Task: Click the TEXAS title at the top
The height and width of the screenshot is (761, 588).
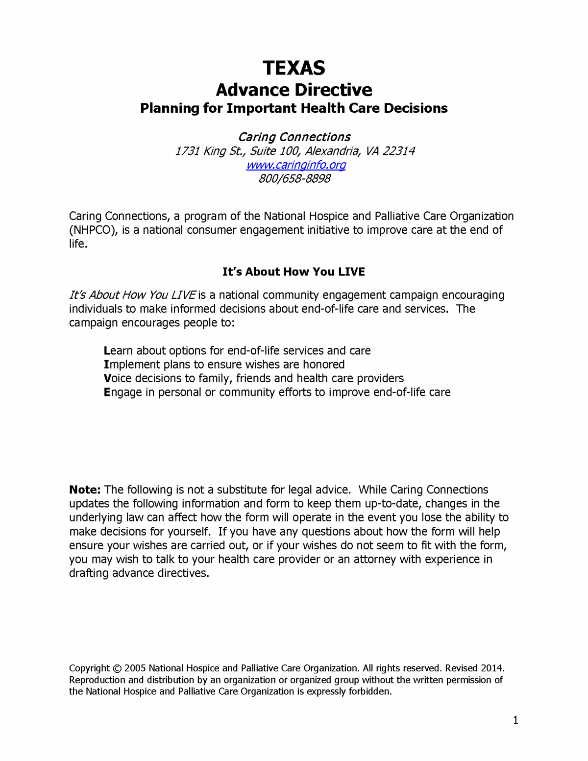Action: [x=294, y=68]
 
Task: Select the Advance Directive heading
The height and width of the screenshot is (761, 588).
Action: [x=294, y=90]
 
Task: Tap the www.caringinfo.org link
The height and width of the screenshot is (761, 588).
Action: [x=295, y=165]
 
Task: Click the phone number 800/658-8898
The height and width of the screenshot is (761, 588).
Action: [x=294, y=178]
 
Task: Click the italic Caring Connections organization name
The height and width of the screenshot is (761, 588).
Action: [x=294, y=137]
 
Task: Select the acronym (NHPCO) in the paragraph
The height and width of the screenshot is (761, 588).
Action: [x=93, y=230]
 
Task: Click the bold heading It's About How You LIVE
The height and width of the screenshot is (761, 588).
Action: [x=294, y=272]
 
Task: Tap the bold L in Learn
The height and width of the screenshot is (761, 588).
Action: [x=107, y=351]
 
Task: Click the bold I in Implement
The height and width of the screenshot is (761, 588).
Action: [x=106, y=365]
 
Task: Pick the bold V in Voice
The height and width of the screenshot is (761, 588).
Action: [x=107, y=378]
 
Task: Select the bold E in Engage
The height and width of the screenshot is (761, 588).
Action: [x=107, y=393]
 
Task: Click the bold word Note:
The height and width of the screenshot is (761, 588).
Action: [x=85, y=490]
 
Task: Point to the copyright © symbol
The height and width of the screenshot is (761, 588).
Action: [x=117, y=668]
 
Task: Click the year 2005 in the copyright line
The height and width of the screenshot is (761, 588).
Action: [x=135, y=668]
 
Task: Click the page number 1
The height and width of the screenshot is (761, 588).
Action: [x=515, y=720]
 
